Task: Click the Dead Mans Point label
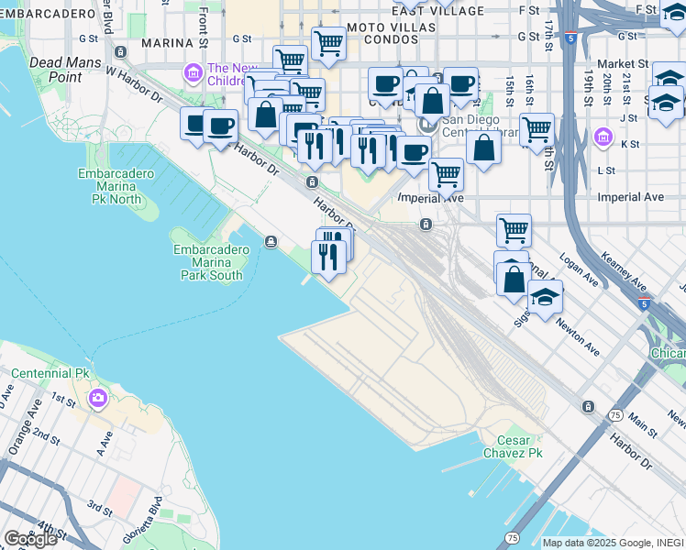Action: [56, 70]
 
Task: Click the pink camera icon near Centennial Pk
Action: [98, 399]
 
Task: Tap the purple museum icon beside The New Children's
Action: [193, 71]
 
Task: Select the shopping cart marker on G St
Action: [327, 42]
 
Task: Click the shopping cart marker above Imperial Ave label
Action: [446, 173]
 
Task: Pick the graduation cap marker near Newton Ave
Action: [545, 297]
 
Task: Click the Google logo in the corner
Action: [30, 539]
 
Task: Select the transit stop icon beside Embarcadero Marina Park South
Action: [271, 241]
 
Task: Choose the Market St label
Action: [624, 64]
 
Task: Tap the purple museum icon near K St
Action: [603, 137]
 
